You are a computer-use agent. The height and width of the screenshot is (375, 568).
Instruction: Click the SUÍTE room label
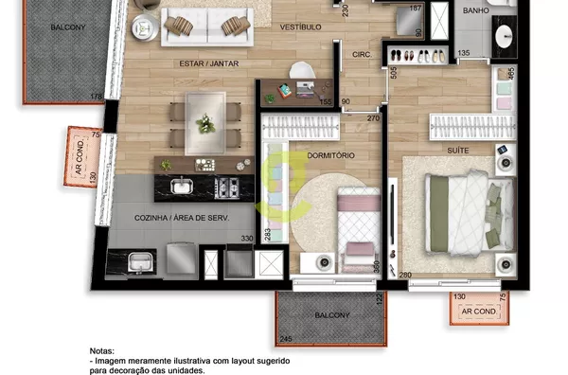pyautogui.click(x=458, y=151)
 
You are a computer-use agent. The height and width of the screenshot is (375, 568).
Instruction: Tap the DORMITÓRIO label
pyautogui.click(x=330, y=155)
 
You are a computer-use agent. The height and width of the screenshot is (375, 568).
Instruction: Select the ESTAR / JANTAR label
pyautogui.click(x=209, y=63)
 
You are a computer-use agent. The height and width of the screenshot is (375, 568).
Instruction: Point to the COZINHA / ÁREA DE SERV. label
pyautogui.click(x=182, y=218)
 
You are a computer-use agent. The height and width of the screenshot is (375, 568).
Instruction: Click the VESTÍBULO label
pyautogui.click(x=301, y=27)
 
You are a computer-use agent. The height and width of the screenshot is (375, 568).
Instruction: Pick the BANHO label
pyautogui.click(x=475, y=10)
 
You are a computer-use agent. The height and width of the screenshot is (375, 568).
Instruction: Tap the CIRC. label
pyautogui.click(x=362, y=55)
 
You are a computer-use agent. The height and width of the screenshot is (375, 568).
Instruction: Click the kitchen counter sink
pyautogui.click(x=182, y=186)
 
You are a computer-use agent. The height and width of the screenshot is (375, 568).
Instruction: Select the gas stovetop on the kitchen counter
pyautogui.click(x=227, y=188)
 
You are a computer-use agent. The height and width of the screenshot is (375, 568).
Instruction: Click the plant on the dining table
pyautogui.click(x=205, y=123)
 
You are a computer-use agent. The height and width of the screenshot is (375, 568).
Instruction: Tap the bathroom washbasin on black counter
pyautogui.click(x=504, y=36)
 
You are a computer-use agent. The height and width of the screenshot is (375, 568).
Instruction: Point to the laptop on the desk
pyautogui.click(x=305, y=89)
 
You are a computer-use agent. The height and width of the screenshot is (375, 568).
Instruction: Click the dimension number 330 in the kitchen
pyautogui.click(x=247, y=238)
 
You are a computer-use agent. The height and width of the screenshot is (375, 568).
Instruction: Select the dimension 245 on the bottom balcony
pyautogui.click(x=286, y=339)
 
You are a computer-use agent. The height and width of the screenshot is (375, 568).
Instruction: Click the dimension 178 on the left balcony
pyautogui.click(x=96, y=97)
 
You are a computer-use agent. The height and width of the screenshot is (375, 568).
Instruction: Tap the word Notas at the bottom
pyautogui.click(x=102, y=351)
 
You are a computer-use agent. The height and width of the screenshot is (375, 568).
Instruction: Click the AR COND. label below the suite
pyautogui.click(x=479, y=312)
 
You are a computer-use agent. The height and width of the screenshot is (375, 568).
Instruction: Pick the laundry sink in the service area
pyautogui.click(x=140, y=262)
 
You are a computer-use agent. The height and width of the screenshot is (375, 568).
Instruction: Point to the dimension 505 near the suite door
pyautogui.click(x=394, y=73)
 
